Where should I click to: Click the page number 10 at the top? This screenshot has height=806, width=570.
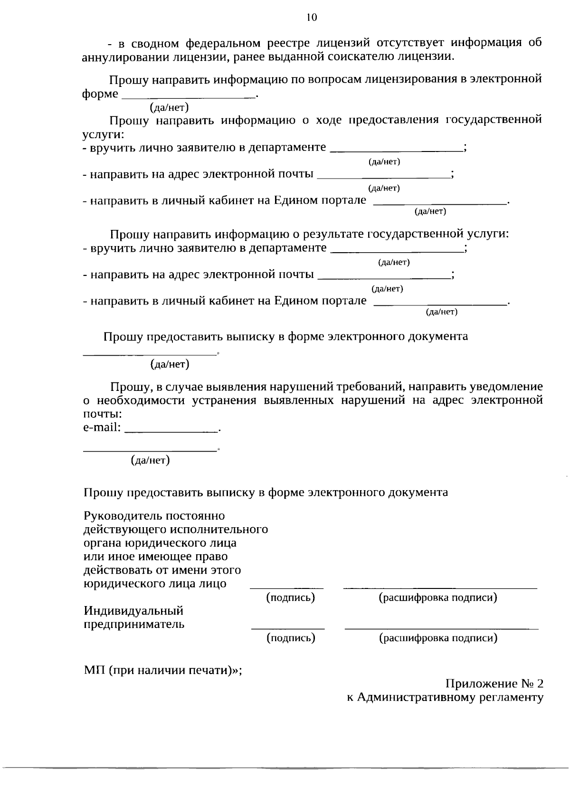pos(311,18)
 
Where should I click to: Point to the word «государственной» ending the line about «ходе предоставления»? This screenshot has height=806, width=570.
pos(494,120)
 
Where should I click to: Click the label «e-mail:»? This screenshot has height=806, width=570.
pos(102,427)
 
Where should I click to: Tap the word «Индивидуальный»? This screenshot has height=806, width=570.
pos(133,611)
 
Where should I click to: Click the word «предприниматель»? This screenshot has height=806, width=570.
pos(134,625)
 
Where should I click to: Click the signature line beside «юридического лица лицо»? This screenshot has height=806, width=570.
pos(287,588)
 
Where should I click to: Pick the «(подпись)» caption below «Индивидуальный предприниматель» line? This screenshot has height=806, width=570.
pos(291,638)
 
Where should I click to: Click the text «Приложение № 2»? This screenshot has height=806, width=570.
pos(494,684)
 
